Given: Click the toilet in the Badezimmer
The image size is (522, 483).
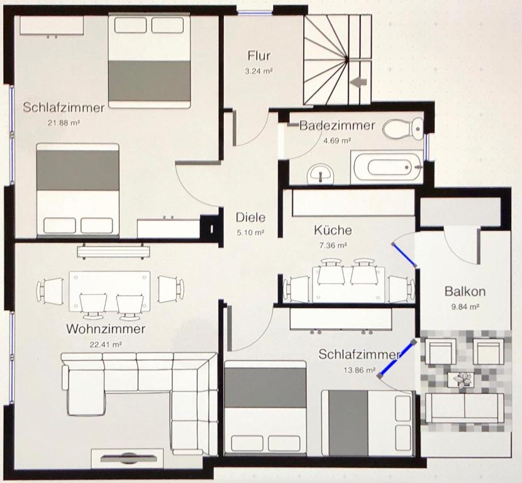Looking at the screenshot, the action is [x=403, y=128].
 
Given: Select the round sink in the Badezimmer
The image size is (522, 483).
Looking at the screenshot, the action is [x=321, y=173].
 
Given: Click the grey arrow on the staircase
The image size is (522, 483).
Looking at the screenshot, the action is [x=359, y=82].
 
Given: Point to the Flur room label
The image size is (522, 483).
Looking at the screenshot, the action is [x=259, y=55].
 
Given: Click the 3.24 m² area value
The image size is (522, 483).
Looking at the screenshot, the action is [x=259, y=71].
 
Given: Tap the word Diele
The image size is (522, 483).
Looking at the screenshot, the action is [x=251, y=218].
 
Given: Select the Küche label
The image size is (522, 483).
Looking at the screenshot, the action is [x=333, y=230].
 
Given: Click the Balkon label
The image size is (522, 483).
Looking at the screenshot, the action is [x=465, y=291].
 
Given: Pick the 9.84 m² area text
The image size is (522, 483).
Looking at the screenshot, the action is [x=465, y=306].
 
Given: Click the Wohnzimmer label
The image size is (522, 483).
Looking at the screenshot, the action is [x=106, y=329].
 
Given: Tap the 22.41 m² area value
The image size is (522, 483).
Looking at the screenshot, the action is [x=106, y=344].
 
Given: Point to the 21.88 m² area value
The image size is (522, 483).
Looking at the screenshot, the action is [x=64, y=123].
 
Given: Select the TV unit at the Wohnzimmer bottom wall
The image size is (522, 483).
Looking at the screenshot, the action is [x=127, y=458].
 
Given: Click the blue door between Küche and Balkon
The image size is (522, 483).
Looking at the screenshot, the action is [x=404, y=255].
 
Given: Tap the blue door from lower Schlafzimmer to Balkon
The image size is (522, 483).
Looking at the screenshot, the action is [x=397, y=358].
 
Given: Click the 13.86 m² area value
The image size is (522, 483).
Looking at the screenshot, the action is [x=360, y=370].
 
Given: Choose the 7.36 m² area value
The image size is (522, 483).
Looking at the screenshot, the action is [x=333, y=245].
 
